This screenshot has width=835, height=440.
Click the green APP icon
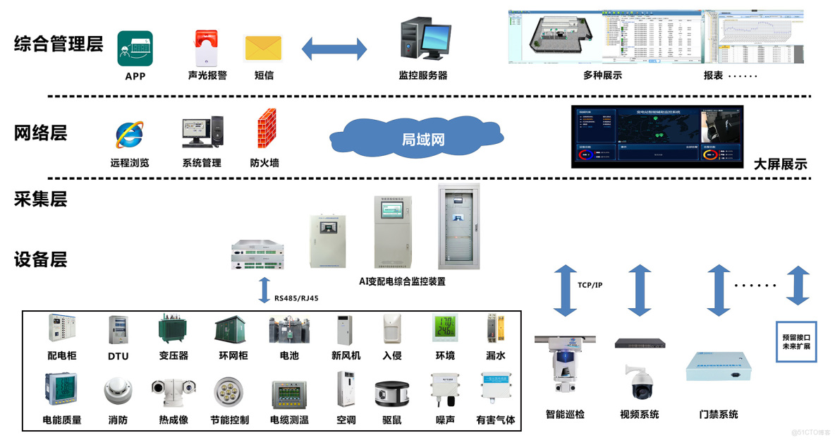pos(135,49)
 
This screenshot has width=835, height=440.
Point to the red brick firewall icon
pos(266,129)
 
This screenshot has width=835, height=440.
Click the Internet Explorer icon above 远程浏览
pos(129,135)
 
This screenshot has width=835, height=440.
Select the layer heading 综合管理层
pos(59,44)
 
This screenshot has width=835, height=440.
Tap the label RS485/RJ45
pos(296,298)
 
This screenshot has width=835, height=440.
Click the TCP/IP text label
pos(590,285)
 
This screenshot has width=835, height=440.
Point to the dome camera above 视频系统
pos(639,382)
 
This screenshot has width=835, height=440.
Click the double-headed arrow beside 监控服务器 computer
pos(334,49)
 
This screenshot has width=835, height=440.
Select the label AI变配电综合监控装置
pos(402,281)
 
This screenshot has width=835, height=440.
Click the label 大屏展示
pos(780,164)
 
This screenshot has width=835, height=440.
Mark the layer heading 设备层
pos(40,259)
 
